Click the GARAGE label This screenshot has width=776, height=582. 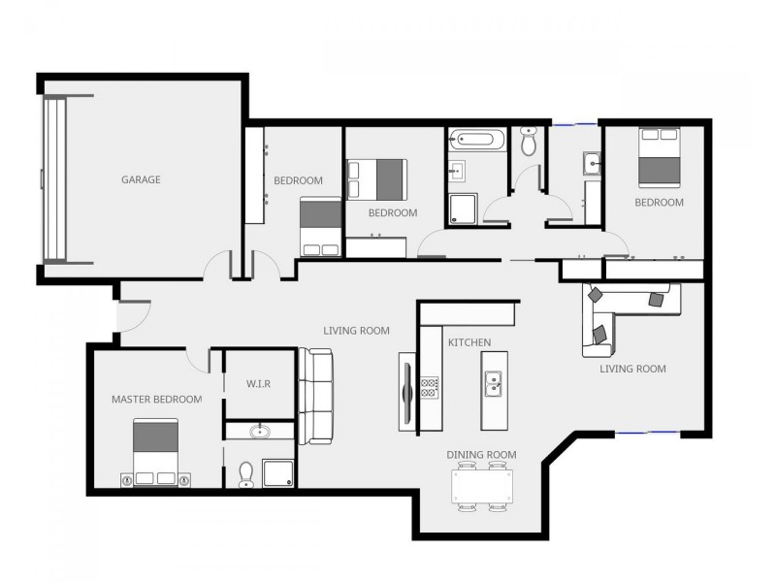click(x=141, y=179)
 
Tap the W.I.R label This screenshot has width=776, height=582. click(x=258, y=384)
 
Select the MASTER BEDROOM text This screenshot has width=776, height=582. click(x=156, y=399)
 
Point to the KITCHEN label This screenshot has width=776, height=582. click(x=469, y=342)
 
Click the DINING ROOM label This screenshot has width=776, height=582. click(x=481, y=454)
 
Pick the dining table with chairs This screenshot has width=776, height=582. click(x=482, y=486)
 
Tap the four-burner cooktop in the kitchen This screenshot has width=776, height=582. click(x=430, y=388)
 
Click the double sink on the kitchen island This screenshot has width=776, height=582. click(x=493, y=384)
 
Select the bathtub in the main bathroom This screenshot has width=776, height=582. click(x=475, y=139)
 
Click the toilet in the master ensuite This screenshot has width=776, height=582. click(x=245, y=472)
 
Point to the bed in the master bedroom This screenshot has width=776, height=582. click(x=156, y=451)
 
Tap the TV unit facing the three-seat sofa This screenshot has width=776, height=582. click(x=407, y=391)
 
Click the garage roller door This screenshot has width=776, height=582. click(x=55, y=179)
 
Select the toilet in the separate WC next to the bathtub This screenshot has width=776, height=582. click(x=529, y=143)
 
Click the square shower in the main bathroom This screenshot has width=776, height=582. click(x=463, y=208)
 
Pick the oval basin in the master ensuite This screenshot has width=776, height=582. click(x=260, y=432)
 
